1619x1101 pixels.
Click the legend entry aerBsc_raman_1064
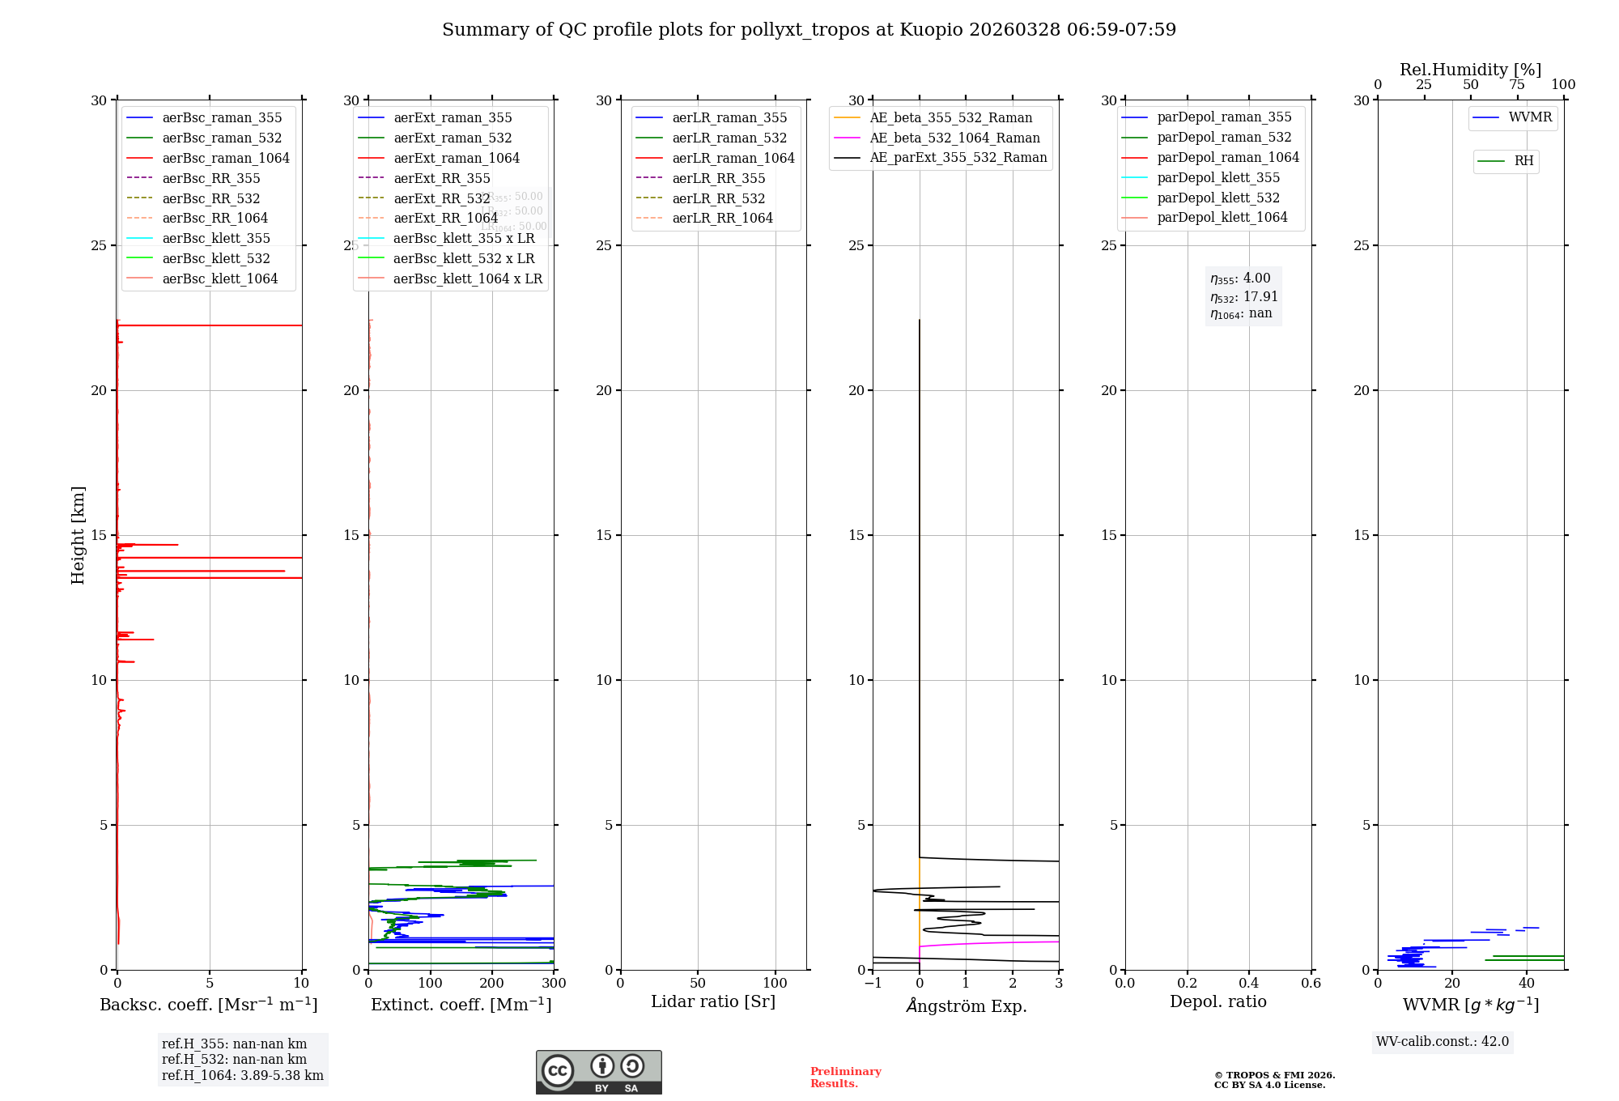pos(225,158)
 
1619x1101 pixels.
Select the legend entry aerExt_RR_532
pos(441,198)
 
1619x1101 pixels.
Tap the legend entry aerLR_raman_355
pos(729,118)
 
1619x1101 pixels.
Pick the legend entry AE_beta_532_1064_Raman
pos(954,138)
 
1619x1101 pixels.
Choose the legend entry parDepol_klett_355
pos(1217,178)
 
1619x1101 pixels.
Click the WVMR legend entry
pos(1529,117)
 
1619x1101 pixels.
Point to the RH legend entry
pos(1523,161)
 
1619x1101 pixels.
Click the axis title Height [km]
pos(78,534)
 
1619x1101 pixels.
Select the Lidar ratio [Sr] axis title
pos(713,1002)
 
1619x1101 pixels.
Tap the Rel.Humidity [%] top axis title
pos(1470,70)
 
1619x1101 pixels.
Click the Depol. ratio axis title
pos(1217,1002)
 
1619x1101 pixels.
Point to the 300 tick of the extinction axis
pos(555,984)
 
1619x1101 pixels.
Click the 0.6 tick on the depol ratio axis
pos(1311,984)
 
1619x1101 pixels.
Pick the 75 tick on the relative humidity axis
pos(1517,85)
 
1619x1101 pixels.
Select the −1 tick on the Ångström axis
pos(873,984)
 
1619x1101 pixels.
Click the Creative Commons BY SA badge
pos(598,1073)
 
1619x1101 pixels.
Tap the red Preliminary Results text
pos(845,1078)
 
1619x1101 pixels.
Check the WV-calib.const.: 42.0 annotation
pos(1442,1042)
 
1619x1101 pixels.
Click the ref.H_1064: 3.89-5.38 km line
pos(242,1076)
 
